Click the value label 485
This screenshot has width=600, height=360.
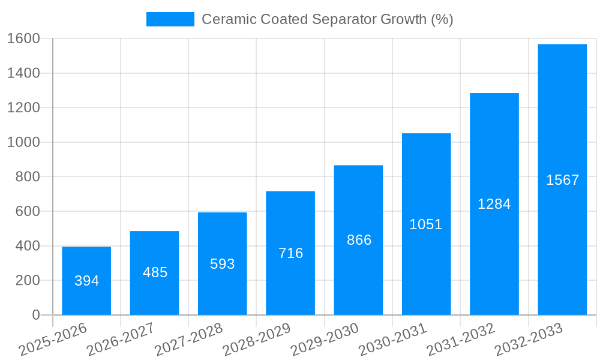155,272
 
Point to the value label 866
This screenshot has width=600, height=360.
359,240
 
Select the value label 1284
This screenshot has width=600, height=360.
494,204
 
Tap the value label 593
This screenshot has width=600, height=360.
222,264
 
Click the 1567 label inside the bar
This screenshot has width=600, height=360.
562,180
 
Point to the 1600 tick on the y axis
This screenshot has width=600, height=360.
23,39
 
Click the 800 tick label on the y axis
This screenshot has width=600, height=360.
27,177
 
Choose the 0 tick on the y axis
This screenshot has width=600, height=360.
35,315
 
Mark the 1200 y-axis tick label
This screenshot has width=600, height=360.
23,108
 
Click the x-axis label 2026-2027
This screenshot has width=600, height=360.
121,340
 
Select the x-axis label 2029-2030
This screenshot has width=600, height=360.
325,340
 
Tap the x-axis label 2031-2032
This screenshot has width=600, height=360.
460,340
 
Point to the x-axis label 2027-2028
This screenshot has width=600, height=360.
188,340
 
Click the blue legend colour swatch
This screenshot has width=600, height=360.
170,19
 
